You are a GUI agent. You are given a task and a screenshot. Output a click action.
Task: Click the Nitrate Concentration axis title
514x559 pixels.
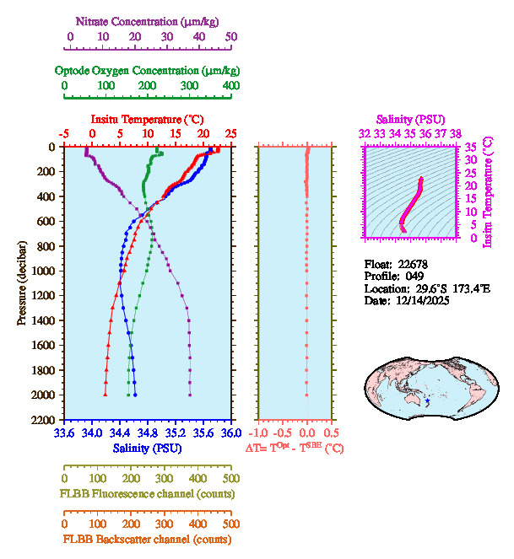pyautogui.click(x=150, y=20)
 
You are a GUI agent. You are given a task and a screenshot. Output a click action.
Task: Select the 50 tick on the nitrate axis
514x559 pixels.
pyautogui.click(x=231, y=37)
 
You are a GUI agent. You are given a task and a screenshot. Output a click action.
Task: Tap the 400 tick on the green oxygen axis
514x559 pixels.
pyautogui.click(x=231, y=86)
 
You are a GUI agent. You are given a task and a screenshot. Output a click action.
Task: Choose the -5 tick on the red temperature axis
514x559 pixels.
pyautogui.click(x=63, y=133)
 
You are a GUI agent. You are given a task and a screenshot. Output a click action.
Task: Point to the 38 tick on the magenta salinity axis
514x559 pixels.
pyautogui.click(x=456, y=133)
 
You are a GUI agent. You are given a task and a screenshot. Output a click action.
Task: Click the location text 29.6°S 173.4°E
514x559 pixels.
pyautogui.click(x=437, y=288)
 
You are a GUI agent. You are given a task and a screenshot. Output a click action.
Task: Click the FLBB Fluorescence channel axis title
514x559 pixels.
pyautogui.click(x=146, y=493)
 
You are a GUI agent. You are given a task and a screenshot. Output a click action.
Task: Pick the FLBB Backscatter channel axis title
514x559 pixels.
pyautogui.click(x=146, y=540)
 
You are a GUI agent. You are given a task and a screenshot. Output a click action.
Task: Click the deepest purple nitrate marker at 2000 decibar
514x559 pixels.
pyautogui.click(x=190, y=395)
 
